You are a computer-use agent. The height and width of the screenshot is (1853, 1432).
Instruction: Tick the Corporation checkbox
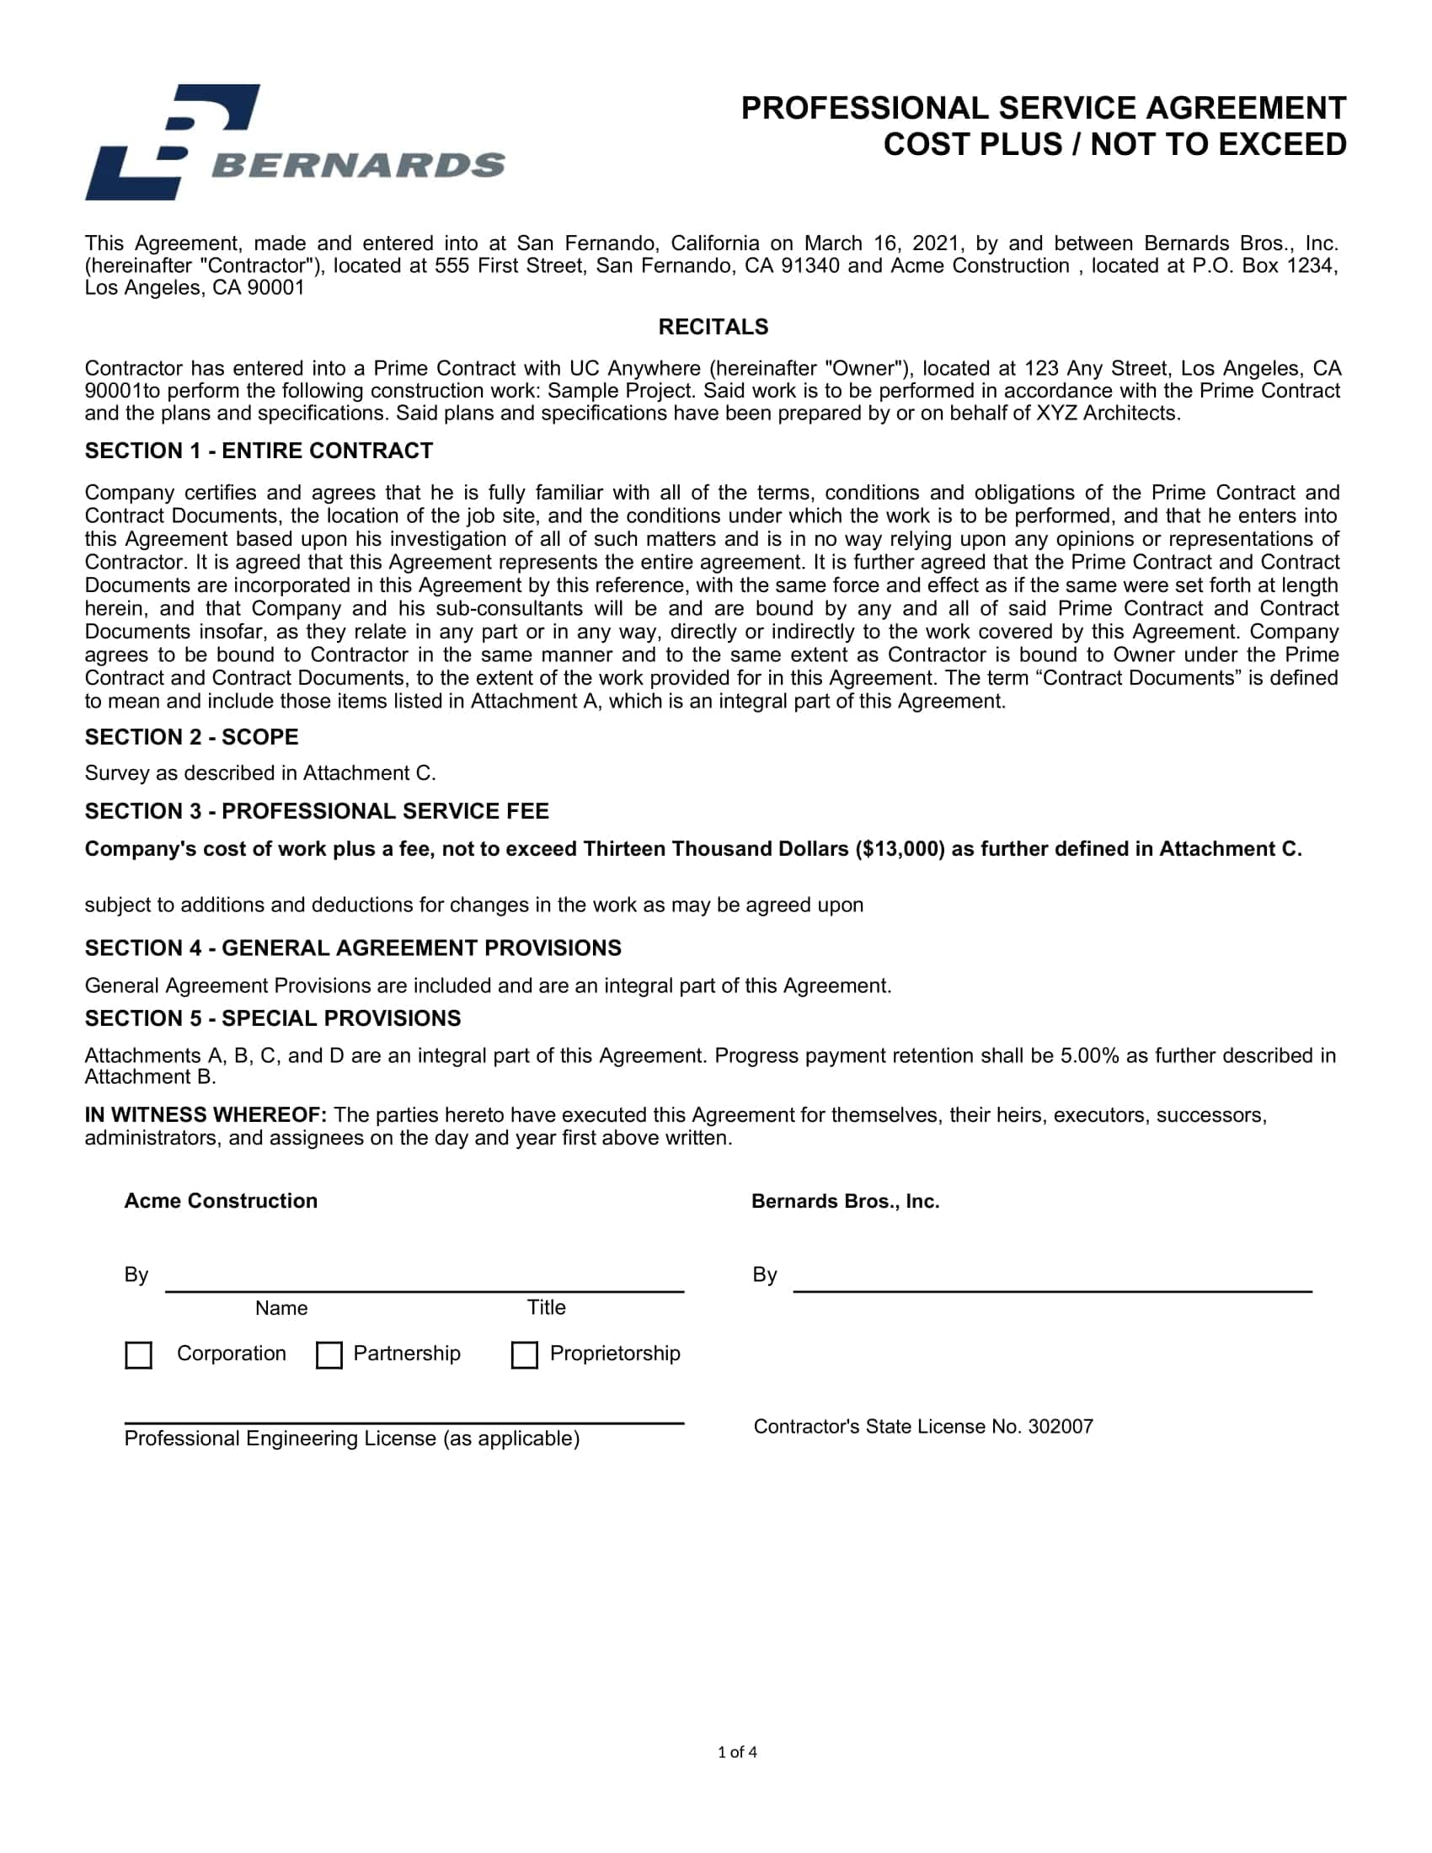point(138,1355)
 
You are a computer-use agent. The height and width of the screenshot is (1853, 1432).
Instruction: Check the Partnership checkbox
point(329,1355)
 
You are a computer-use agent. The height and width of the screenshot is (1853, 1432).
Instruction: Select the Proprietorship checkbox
point(524,1355)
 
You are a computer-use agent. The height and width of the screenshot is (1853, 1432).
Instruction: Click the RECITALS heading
point(713,327)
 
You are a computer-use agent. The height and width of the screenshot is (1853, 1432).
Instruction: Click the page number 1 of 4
point(737,1752)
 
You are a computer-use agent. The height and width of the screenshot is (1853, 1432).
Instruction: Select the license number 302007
point(1061,1426)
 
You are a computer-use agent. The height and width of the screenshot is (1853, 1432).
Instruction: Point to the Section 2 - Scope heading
point(192,737)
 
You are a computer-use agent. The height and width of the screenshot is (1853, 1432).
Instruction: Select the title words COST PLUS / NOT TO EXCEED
point(1114,145)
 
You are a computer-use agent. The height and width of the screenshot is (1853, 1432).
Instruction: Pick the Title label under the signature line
point(547,1307)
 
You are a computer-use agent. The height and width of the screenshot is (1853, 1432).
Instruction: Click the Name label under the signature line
point(281,1308)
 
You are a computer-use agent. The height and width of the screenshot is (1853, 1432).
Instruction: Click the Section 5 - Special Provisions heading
point(272,1018)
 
